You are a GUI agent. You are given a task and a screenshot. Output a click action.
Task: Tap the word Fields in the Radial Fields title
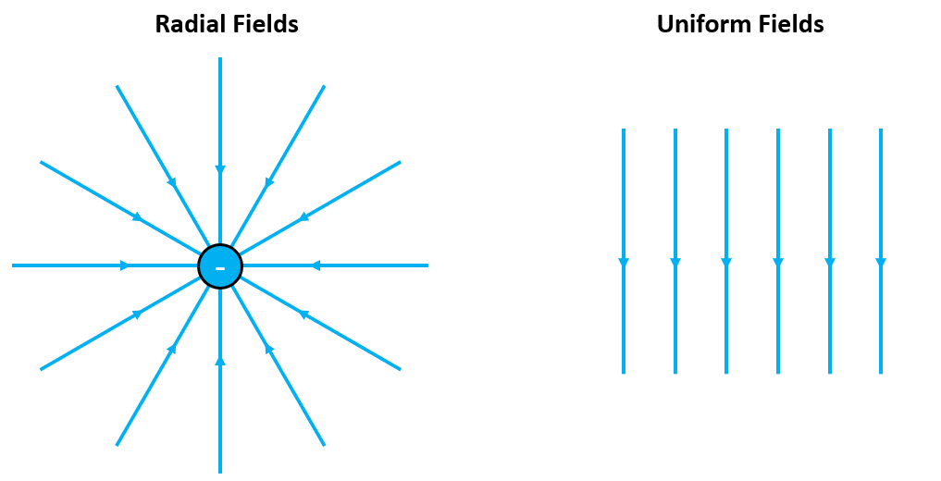[265, 24]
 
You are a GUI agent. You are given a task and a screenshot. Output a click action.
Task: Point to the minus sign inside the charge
[220, 268]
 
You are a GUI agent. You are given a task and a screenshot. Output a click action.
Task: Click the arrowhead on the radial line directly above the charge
[220, 169]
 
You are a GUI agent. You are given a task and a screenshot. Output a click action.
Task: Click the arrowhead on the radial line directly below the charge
[220, 361]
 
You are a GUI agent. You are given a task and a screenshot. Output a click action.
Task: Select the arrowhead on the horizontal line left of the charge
[125, 265]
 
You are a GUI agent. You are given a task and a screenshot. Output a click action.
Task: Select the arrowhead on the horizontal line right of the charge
[316, 265]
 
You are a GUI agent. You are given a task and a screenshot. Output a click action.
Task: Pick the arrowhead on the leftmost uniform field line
[624, 263]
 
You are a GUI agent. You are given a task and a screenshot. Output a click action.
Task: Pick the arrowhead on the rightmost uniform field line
[881, 263]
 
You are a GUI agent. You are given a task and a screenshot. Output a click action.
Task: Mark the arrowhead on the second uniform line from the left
[675, 263]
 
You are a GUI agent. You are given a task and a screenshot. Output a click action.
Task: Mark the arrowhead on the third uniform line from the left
[726, 263]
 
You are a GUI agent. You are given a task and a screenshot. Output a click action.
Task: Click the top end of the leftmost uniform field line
[624, 130]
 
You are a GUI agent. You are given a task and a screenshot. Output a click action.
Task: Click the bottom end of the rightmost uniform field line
[881, 372]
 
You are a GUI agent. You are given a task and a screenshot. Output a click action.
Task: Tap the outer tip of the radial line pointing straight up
[220, 59]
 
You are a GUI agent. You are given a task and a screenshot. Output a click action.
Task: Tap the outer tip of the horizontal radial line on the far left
[14, 265]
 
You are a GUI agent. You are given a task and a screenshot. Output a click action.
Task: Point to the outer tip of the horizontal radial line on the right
[427, 265]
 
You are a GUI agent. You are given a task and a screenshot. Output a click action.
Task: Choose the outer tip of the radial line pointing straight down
[220, 471]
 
